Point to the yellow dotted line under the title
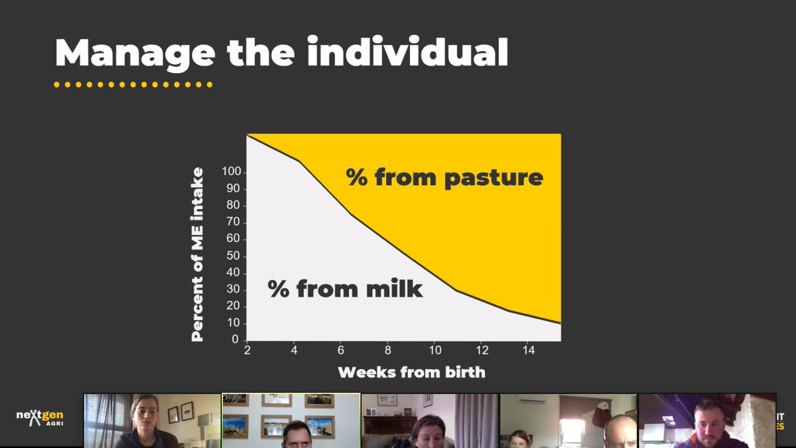pyautogui.click(x=133, y=85)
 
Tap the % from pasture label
pyautogui.click(x=444, y=177)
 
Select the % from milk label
pyautogui.click(x=345, y=289)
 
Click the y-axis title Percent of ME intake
pyautogui.click(x=198, y=255)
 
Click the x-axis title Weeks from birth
pyautogui.click(x=411, y=372)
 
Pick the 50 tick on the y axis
pyautogui.click(x=233, y=256)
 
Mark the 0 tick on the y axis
pyautogui.click(x=235, y=340)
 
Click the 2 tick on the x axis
pyautogui.click(x=247, y=350)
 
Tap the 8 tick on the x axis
pyautogui.click(x=387, y=350)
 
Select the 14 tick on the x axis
pyautogui.click(x=529, y=350)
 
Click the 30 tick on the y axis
pyautogui.click(x=233, y=290)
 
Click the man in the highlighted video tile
pyautogui.click(x=293, y=435)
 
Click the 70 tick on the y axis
pyautogui.click(x=233, y=222)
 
